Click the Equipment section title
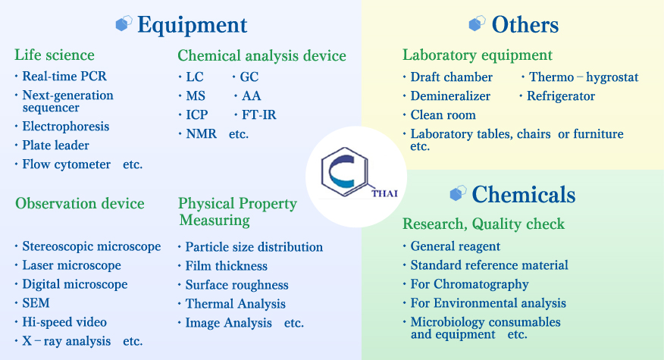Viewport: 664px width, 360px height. pos(193,25)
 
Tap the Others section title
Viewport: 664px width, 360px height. pos(525,24)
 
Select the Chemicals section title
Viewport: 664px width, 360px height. pos(524,194)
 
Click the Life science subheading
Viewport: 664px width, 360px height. pos(55,55)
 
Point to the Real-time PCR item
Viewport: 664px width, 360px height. pos(64,77)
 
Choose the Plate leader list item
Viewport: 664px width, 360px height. pos(55,146)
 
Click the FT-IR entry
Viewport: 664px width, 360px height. pos(258,114)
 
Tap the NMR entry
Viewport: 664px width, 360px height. pos(201,134)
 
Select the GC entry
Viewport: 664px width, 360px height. pos(249,77)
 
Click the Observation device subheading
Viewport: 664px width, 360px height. pos(80,203)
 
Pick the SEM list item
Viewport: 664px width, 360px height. pos(36,303)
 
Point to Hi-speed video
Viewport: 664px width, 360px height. pos(64,322)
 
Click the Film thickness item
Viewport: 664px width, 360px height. pos(226,266)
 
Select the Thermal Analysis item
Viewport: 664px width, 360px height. pos(236,304)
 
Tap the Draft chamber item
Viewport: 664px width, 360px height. pos(452,77)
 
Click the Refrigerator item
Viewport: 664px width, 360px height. pos(561,96)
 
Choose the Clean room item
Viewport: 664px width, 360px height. pos(443,114)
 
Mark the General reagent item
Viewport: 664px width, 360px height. pos(456,246)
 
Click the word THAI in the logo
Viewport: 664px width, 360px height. pos(384,193)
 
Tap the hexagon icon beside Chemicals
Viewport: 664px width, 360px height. pos(458,193)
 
